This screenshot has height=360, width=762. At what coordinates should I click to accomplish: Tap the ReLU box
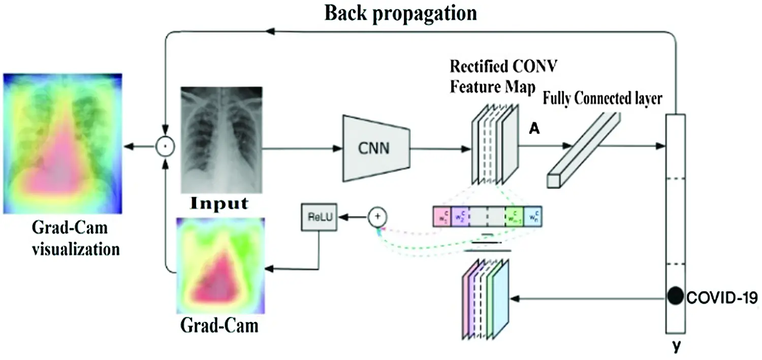[x=319, y=217]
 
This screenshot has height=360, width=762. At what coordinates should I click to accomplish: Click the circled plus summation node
[x=377, y=217]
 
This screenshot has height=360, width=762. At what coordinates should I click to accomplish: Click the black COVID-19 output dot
[x=675, y=296]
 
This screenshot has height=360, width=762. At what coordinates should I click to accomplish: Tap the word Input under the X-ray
[x=219, y=204]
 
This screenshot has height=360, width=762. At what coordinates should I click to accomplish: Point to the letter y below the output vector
[x=676, y=347]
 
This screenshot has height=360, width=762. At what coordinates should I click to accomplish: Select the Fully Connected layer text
[x=602, y=99]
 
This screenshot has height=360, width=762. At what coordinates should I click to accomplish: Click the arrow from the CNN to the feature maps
[x=437, y=148]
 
